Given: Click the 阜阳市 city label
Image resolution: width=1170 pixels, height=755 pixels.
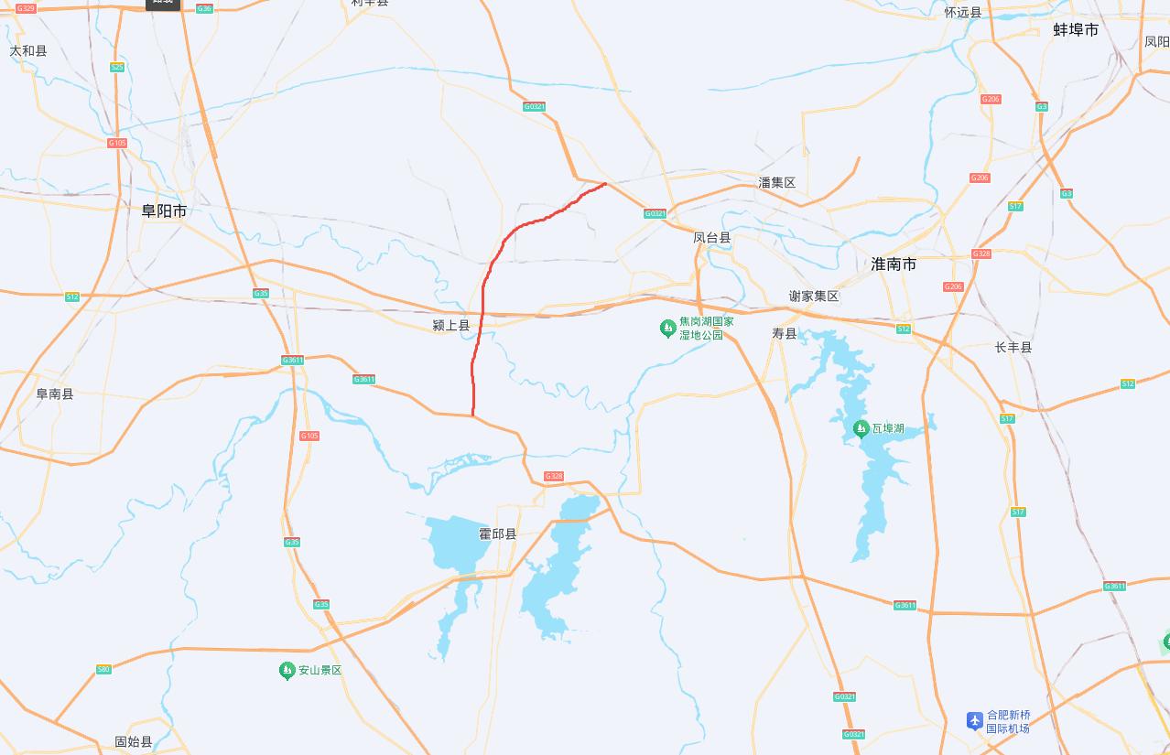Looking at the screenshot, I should pyautogui.click(x=164, y=210).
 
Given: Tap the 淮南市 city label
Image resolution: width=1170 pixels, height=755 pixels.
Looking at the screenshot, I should pyautogui.click(x=893, y=264).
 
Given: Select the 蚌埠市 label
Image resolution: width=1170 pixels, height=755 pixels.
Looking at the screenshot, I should pyautogui.click(x=1075, y=30).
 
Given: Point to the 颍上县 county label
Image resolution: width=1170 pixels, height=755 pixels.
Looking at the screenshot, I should pyautogui.click(x=450, y=325).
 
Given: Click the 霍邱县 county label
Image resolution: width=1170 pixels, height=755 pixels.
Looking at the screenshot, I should pyautogui.click(x=498, y=534).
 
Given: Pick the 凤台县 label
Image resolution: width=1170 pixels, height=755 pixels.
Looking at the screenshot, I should pyautogui.click(x=711, y=238).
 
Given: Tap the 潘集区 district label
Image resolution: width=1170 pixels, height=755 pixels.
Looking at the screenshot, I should pyautogui.click(x=776, y=183).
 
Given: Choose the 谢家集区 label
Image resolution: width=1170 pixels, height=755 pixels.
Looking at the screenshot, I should pyautogui.click(x=814, y=297).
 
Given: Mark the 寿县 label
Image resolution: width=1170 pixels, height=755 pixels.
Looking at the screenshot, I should pyautogui.click(x=785, y=334).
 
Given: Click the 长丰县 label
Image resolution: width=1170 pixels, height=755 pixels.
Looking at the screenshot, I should pyautogui.click(x=1013, y=348).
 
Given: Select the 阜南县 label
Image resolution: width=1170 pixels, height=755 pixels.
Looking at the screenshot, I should pyautogui.click(x=54, y=394).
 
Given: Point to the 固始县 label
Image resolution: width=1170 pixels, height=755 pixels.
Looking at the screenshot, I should pyautogui.click(x=133, y=741).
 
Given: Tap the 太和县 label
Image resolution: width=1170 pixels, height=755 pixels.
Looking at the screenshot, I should pyautogui.click(x=28, y=51).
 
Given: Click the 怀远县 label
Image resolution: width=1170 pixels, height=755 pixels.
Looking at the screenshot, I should pyautogui.click(x=963, y=13).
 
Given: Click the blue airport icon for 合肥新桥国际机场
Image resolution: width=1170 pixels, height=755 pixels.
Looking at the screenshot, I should pyautogui.click(x=975, y=721).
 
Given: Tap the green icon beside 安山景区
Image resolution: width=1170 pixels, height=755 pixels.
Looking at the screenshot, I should pyautogui.click(x=287, y=671).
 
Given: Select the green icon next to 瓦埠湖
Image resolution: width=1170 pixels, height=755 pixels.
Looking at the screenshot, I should pyautogui.click(x=861, y=429).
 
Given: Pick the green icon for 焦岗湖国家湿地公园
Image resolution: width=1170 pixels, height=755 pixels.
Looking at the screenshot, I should pyautogui.click(x=668, y=329).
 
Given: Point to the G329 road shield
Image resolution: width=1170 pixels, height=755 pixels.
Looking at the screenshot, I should pyautogui.click(x=26, y=8).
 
